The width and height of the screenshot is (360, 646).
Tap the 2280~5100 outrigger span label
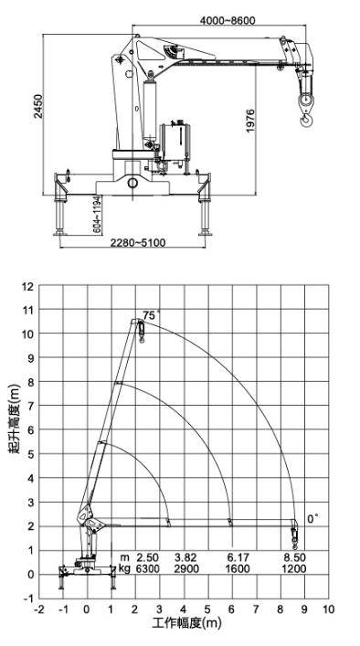click(x=136, y=244)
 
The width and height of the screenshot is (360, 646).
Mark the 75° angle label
click(x=151, y=314)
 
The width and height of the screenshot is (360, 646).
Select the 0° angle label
click(x=313, y=518)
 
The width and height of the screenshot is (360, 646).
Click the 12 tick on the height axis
click(x=28, y=286)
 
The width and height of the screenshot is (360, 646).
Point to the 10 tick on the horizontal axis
click(x=328, y=608)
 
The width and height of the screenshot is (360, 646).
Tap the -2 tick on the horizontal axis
click(x=38, y=608)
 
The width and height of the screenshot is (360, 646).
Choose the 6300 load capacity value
click(x=147, y=568)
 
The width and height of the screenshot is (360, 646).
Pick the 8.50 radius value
click(x=293, y=556)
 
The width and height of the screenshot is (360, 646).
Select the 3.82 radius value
click(x=185, y=556)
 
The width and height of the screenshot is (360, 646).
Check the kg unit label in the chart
click(x=124, y=568)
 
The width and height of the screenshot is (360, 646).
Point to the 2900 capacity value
click(x=185, y=568)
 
